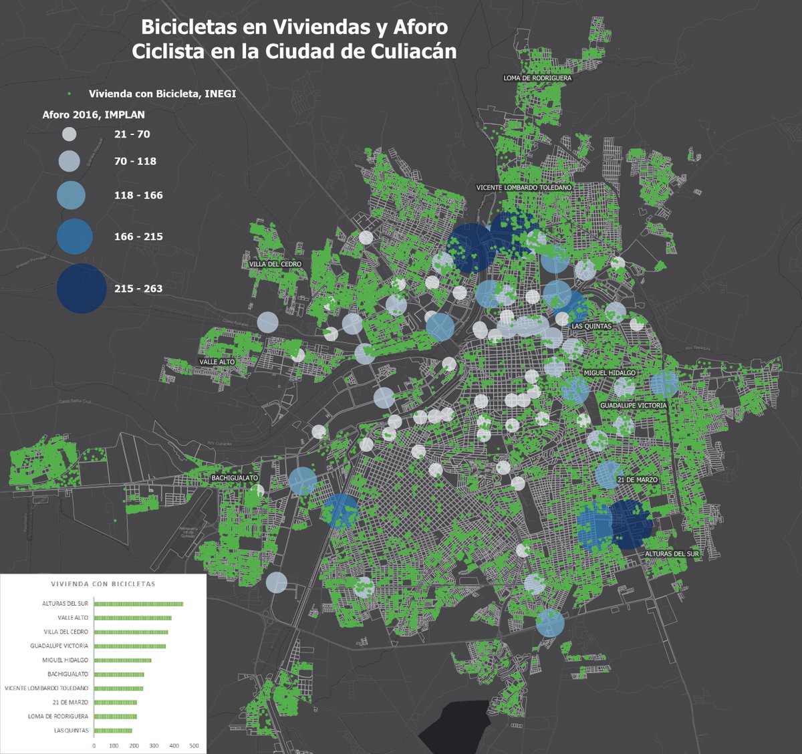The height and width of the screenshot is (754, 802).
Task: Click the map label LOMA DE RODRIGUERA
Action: pyautogui.click(x=537, y=78)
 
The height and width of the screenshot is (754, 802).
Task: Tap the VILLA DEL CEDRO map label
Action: pyautogui.click(x=275, y=264)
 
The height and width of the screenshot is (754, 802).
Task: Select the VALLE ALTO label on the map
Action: pyautogui.click(x=217, y=362)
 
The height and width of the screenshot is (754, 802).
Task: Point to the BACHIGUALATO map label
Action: pyautogui.click(x=235, y=478)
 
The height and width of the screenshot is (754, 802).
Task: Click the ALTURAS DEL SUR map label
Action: pyautogui.click(x=672, y=553)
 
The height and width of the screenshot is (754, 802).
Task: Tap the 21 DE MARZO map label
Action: pyautogui.click(x=638, y=480)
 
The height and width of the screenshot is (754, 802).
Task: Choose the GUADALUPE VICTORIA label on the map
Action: pyautogui.click(x=633, y=405)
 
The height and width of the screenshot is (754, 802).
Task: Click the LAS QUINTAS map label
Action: pyautogui.click(x=591, y=326)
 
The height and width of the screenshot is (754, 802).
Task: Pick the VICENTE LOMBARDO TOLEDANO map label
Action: pyautogui.click(x=524, y=188)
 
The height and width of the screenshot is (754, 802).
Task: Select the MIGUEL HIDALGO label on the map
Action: pyautogui.click(x=610, y=373)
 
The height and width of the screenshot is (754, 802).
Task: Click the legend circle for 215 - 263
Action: pyautogui.click(x=82, y=288)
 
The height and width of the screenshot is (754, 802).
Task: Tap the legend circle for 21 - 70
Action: pyautogui.click(x=70, y=134)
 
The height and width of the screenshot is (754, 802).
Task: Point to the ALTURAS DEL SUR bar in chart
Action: pyautogui.click(x=138, y=604)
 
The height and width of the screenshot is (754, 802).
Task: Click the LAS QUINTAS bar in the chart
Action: pyautogui.click(x=113, y=731)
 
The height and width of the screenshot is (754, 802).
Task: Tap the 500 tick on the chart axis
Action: pyautogui.click(x=194, y=745)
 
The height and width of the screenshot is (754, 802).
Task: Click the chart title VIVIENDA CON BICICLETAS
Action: pyautogui.click(x=103, y=584)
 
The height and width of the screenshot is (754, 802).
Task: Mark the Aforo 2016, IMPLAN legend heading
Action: pyautogui.click(x=94, y=114)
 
